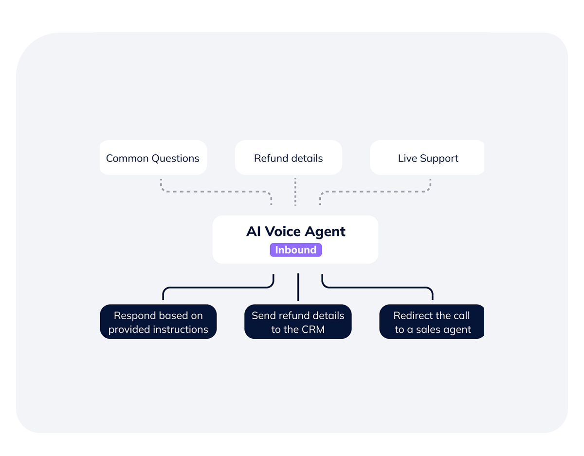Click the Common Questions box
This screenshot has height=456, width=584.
click(x=153, y=158)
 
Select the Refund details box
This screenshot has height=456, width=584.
click(x=288, y=158)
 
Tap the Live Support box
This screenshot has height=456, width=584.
click(x=427, y=158)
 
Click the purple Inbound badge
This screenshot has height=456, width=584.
click(x=296, y=250)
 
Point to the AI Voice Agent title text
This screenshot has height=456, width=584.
click(x=296, y=231)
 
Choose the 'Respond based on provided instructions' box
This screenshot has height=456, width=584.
click(x=158, y=322)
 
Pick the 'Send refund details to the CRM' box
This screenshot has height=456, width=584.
click(x=298, y=322)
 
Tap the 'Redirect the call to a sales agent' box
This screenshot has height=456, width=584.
click(x=432, y=322)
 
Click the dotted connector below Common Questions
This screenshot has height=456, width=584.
click(x=214, y=191)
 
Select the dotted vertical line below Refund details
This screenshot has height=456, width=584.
click(x=295, y=191)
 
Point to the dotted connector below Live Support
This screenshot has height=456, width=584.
click(x=375, y=191)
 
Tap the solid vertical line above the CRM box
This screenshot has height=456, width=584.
click(x=298, y=287)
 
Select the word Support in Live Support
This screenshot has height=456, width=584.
click(x=439, y=159)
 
